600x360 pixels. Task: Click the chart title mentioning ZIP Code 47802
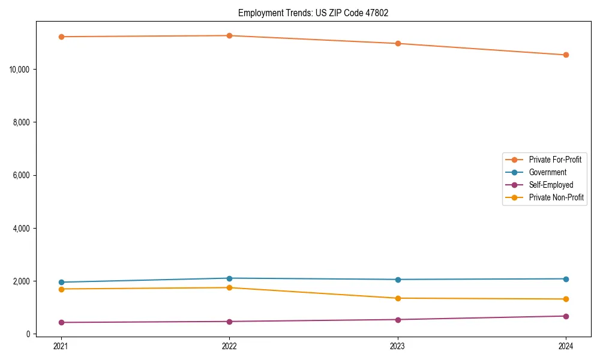click(x=313, y=13)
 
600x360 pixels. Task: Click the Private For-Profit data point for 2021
click(x=61, y=37)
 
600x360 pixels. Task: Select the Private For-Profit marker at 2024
click(x=566, y=55)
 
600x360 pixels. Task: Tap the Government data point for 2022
click(x=229, y=278)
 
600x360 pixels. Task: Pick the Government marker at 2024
click(x=566, y=279)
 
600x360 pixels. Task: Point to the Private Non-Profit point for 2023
click(x=398, y=298)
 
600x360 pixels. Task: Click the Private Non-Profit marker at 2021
click(x=61, y=289)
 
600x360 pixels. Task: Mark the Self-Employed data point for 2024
click(x=566, y=316)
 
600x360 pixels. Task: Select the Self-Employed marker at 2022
click(x=229, y=322)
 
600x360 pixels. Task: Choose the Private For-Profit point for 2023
click(x=398, y=43)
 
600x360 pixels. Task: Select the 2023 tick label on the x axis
click(x=398, y=346)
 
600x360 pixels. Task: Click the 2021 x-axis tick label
click(x=61, y=346)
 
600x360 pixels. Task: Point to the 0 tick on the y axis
click(x=28, y=334)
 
